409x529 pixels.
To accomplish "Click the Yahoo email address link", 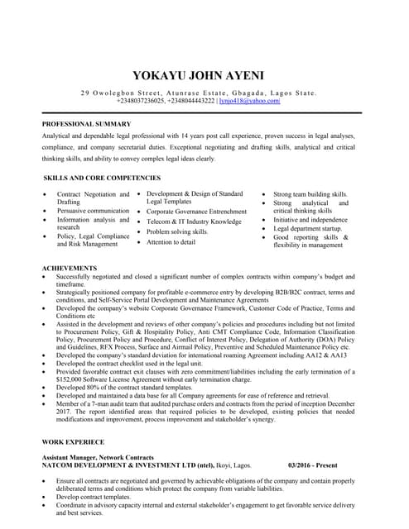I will click(250, 101).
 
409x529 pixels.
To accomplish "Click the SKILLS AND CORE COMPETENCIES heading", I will click(102, 178).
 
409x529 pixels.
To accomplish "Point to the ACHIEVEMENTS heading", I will click(70, 269).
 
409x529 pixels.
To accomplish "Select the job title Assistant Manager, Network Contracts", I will click(98, 457).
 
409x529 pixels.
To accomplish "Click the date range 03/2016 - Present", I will click(317, 465).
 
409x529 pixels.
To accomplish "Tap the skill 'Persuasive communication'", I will click(93, 211).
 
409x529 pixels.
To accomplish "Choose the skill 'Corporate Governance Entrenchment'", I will click(196, 212).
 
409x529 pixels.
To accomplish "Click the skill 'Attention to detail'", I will click(171, 242).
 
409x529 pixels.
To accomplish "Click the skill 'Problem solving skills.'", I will click(177, 232).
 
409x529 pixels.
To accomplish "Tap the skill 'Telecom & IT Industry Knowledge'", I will click(194, 222).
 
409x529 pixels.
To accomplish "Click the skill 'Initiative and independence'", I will click(310, 219).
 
